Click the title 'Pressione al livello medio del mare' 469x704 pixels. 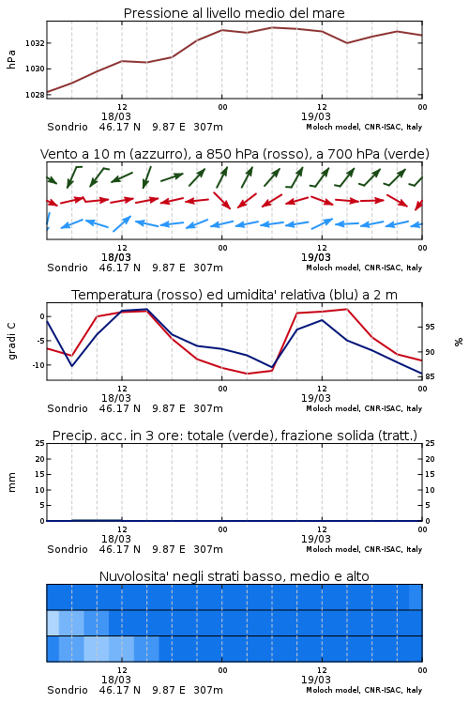[234, 13]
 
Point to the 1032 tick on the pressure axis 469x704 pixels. [35, 43]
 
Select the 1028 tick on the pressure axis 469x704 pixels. [35, 95]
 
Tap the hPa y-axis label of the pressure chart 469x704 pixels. [11, 59]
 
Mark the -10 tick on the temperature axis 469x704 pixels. [38, 365]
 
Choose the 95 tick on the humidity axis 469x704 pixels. [430, 327]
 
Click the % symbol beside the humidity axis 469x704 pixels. [459, 342]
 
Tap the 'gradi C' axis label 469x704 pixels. [11, 341]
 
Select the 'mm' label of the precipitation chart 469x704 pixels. [12, 482]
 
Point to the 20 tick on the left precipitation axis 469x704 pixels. [40, 459]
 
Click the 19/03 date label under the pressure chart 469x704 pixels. [315, 116]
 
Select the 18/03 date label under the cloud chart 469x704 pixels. [115, 680]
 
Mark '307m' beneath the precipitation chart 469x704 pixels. [208, 549]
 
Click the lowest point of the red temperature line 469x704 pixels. [247, 374]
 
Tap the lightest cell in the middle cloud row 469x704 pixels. [53, 622]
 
